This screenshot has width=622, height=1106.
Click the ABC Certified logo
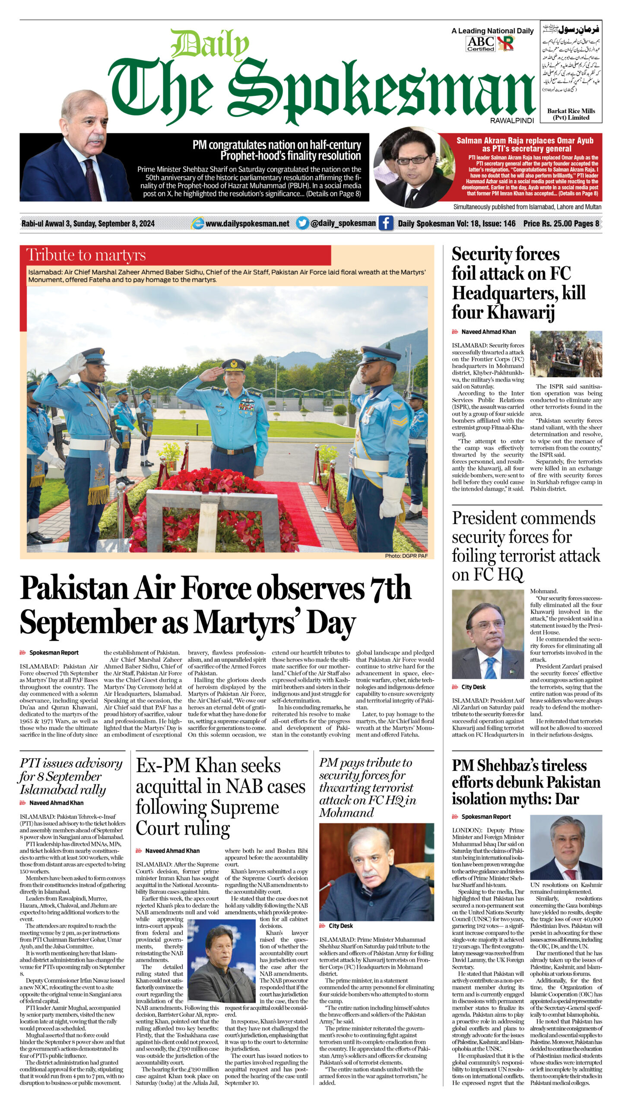click(x=480, y=44)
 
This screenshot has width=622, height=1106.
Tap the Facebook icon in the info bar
click(x=385, y=223)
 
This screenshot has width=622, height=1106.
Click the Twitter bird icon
click(x=302, y=223)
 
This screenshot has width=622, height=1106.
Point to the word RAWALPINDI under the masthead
click(x=512, y=121)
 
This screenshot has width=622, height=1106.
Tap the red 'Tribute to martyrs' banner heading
click(x=86, y=255)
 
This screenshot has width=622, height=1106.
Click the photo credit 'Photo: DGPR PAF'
click(x=406, y=556)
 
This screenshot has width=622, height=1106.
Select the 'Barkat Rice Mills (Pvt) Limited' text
click(x=571, y=114)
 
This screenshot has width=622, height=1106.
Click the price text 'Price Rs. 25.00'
click(x=545, y=223)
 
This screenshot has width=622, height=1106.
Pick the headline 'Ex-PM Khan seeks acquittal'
click(x=220, y=797)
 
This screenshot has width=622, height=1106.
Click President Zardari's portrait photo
click(x=488, y=634)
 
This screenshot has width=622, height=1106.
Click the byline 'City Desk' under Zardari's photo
click(x=473, y=687)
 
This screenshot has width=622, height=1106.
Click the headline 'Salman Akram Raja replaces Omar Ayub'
click(x=524, y=144)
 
